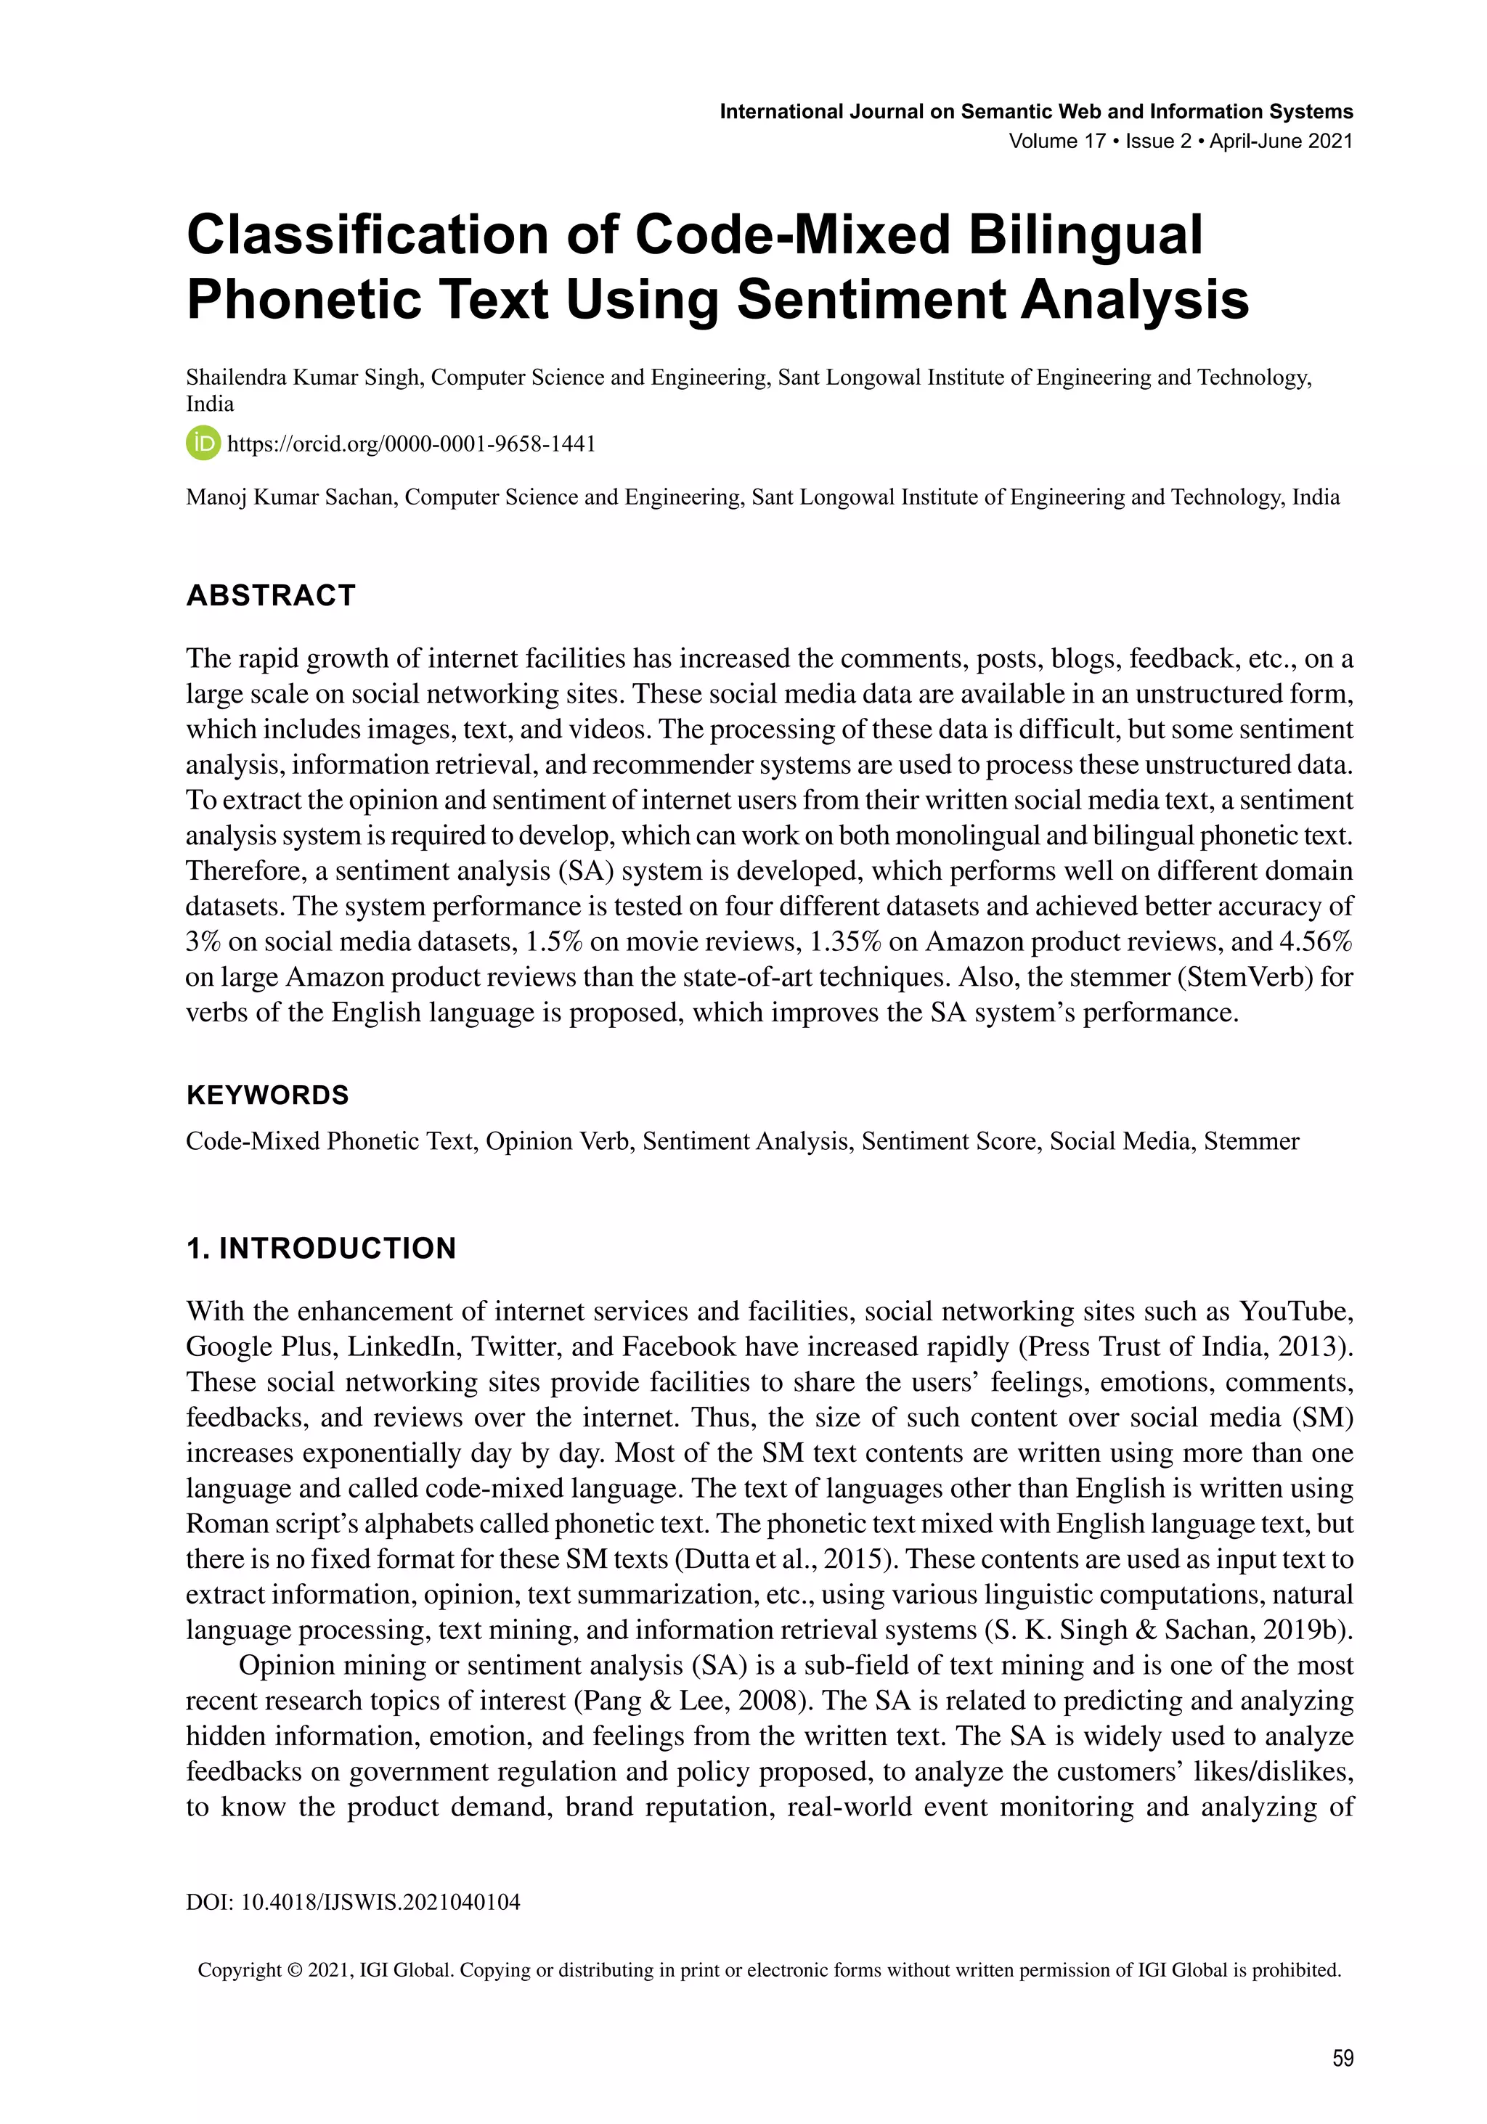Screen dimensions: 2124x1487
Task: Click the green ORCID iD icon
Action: pyautogui.click(x=203, y=443)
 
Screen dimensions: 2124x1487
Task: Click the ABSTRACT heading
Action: pyautogui.click(x=271, y=595)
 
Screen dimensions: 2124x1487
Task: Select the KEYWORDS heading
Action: pyautogui.click(x=267, y=1095)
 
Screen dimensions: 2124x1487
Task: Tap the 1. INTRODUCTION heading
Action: pyautogui.click(x=321, y=1248)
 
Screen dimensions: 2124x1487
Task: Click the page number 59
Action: pyautogui.click(x=1343, y=2057)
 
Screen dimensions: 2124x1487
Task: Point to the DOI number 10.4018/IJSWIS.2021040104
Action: pyautogui.click(x=380, y=1902)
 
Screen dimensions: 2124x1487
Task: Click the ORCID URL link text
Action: pyautogui.click(x=411, y=444)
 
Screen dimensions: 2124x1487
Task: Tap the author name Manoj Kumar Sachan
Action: pyautogui.click(x=290, y=498)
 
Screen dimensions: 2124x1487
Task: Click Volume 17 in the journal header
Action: pyautogui.click(x=1056, y=142)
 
